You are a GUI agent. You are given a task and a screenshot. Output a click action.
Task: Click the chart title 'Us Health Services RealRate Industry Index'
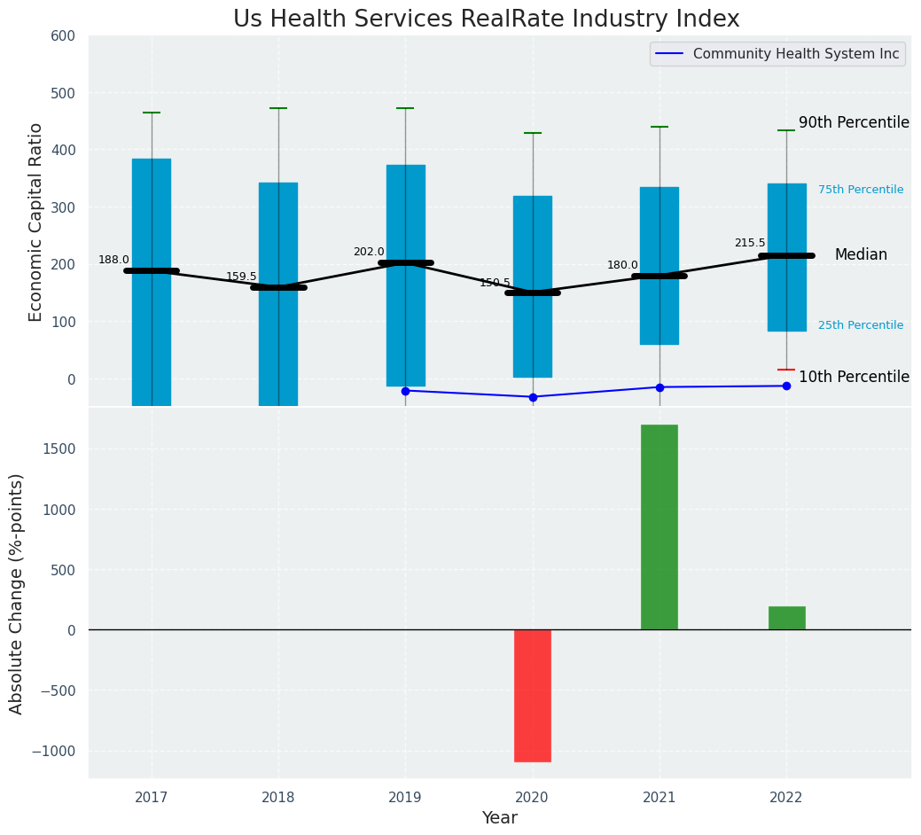coord(486,20)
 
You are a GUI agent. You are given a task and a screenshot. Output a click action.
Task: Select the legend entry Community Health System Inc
coord(795,54)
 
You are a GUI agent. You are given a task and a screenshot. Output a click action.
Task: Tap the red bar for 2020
coord(533,695)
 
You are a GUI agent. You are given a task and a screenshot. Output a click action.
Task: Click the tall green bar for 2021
coord(660,527)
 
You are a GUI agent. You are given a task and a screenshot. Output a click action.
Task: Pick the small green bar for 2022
coord(786,618)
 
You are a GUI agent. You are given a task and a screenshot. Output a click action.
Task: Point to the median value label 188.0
coord(113,260)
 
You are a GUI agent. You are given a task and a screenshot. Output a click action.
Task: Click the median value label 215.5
coord(750,243)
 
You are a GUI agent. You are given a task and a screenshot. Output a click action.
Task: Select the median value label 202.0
coord(369,252)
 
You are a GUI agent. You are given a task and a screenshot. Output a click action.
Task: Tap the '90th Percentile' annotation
coord(854,122)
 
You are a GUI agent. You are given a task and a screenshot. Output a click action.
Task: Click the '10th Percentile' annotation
coord(854,377)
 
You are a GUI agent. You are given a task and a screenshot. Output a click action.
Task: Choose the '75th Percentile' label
coord(861,190)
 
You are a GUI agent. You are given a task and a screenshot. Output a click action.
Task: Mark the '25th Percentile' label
coord(861,325)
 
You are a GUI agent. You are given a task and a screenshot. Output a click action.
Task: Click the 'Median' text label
coord(861,254)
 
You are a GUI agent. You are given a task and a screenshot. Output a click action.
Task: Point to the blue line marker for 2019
coord(405,391)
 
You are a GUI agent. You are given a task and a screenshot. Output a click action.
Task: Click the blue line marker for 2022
coord(786,386)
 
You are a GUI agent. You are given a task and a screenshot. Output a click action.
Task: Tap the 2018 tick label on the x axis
coord(278,798)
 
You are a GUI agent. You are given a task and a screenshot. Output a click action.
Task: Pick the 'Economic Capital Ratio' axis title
coord(36,222)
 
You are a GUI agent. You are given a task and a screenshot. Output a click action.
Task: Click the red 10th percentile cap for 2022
coord(786,370)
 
